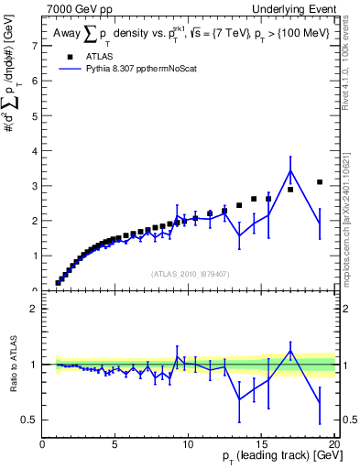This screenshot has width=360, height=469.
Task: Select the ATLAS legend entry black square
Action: pos(69,56)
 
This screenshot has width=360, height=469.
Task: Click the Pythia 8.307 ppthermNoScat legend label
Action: pos(143,68)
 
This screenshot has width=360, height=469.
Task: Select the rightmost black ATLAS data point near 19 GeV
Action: pos(320,182)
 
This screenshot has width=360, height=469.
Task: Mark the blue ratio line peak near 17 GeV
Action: pos(290,350)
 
